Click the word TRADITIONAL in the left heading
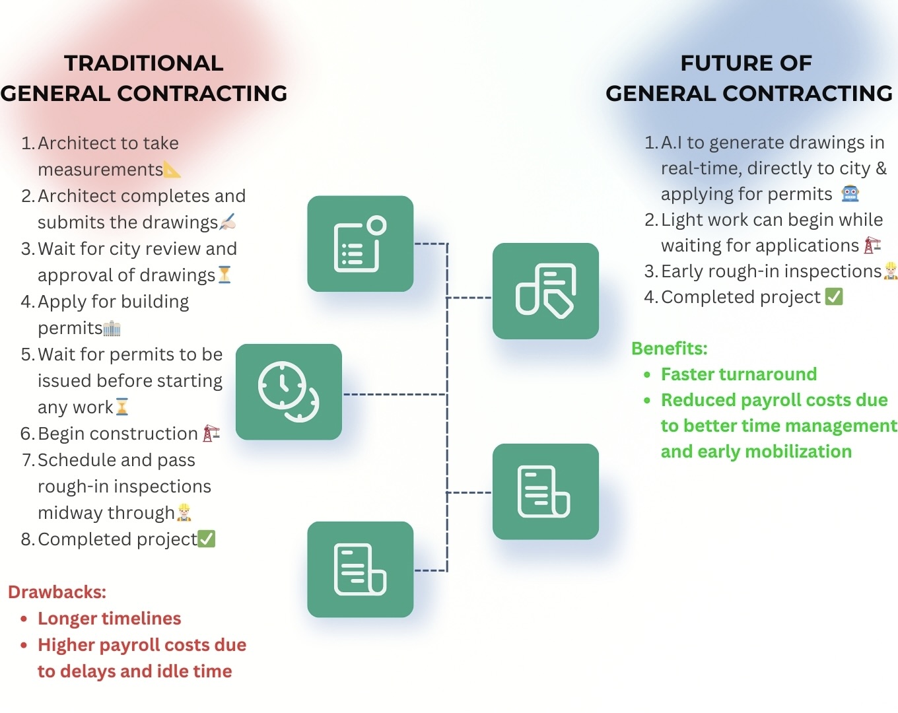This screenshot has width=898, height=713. tap(143, 63)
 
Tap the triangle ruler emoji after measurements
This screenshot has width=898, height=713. tap(172, 170)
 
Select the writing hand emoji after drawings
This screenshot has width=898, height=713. tap(227, 222)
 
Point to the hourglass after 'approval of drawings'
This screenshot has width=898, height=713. tap(224, 275)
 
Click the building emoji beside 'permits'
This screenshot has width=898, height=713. tap(112, 328)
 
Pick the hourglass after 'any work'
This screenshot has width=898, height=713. tap(122, 407)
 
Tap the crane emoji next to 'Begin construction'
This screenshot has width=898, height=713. tap(211, 433)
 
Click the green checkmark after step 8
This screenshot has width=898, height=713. tap(207, 539)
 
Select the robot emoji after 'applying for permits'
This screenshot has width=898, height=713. tap(850, 194)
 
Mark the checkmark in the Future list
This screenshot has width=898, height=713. tap(834, 297)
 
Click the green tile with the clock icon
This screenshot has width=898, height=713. tap(289, 391)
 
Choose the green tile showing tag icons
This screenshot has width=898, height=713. tap(545, 291)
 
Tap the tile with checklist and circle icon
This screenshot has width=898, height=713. tap(360, 244)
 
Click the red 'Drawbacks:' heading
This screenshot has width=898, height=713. tap(57, 592)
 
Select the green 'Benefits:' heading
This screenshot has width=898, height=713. tap(669, 349)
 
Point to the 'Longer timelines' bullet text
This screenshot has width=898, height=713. tap(109, 619)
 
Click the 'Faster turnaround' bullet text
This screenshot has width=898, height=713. tap(738, 374)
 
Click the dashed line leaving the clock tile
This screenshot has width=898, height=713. tap(394, 395)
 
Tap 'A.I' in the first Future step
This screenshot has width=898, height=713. tap(671, 143)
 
